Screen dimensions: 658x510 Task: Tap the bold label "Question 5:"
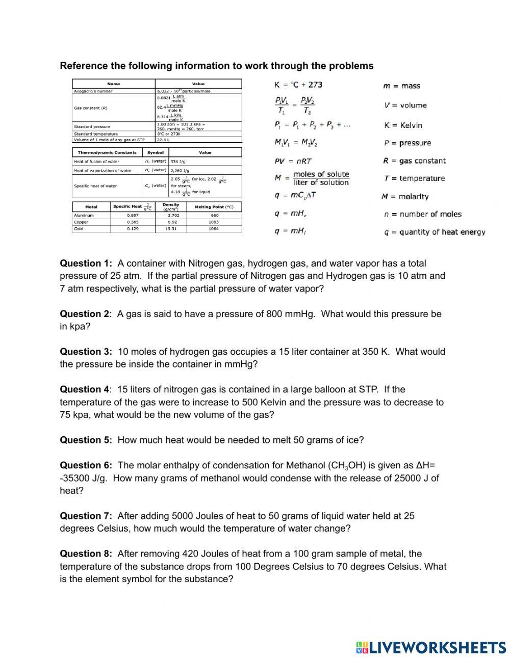pos(86,440)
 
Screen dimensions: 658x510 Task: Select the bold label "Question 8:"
pos(86,554)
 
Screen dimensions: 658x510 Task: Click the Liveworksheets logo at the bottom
pos(431,647)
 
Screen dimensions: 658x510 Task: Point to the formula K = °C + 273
pos(298,85)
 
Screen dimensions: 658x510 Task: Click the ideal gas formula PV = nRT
pos(293,161)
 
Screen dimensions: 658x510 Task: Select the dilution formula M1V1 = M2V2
pos(296,143)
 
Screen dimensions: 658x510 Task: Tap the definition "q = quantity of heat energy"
pos(435,232)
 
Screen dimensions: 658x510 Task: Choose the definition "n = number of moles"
pos(423,214)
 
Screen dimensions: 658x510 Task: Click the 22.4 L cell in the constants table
pos(163,140)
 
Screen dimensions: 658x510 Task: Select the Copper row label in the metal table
pos(81,222)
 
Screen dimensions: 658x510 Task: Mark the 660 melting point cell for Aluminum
pos(214,216)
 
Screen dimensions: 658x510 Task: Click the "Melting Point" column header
pos(214,207)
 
